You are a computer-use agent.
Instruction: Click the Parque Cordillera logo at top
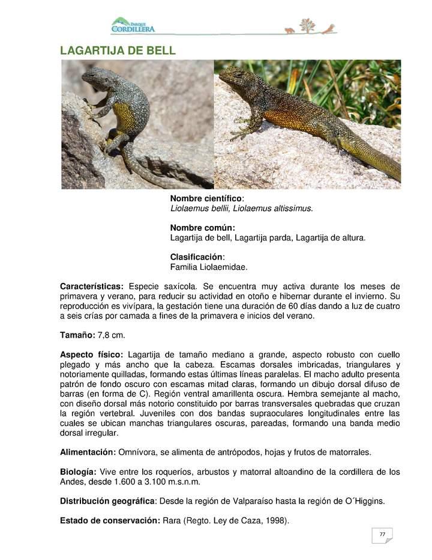pos(133,25)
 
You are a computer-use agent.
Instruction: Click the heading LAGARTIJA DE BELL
pos(118,50)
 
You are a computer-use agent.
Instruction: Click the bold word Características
pos(92,286)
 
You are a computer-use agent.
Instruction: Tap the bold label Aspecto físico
pos(92,355)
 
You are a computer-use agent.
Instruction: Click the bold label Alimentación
pos(88,452)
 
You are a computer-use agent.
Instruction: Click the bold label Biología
pos(78,472)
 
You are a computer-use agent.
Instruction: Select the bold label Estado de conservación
pos(110,520)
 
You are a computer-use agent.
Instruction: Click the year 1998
pos(277,520)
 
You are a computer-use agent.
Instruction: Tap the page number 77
pos(382,534)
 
